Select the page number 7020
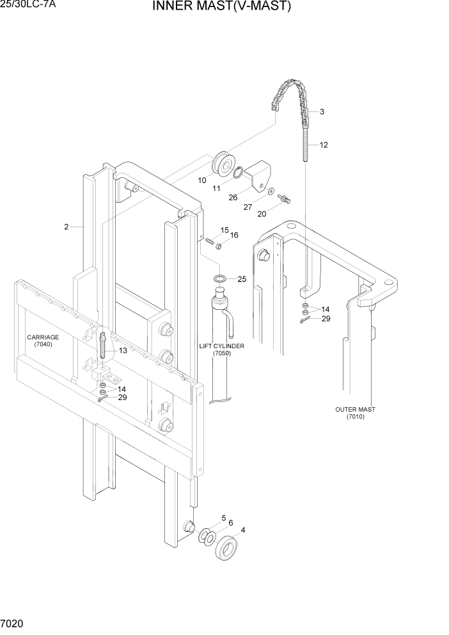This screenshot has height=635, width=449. coord(13,623)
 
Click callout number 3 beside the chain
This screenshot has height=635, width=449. coord(322,112)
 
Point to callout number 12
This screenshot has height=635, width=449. coord(324,145)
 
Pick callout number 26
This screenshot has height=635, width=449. coord(232,198)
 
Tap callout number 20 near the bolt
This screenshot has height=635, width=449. coord(262,214)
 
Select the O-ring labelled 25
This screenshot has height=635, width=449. coord(219,278)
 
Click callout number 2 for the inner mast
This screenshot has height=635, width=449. coord(66,227)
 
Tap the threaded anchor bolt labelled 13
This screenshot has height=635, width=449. coord(102,346)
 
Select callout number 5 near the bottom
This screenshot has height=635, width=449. coord(224,518)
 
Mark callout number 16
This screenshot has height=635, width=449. coord(234,236)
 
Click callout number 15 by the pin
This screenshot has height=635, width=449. coord(224,230)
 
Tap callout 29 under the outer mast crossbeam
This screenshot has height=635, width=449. coord(326,319)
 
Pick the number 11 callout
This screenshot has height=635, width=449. coord(216,189)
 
